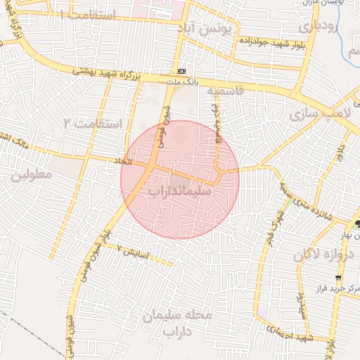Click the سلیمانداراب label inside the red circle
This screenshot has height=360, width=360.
point(181,191)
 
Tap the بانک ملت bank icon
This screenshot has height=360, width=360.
point(182,71)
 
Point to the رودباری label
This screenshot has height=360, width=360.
point(319,27)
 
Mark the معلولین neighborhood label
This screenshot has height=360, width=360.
point(32,176)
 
